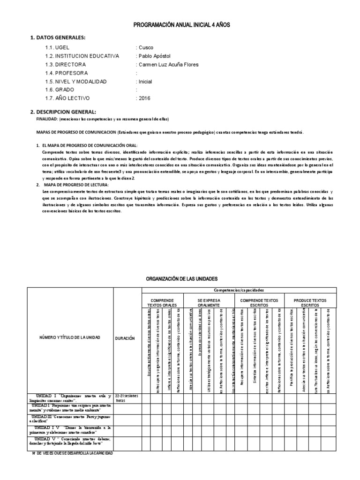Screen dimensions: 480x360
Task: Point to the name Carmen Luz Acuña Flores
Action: [168, 65]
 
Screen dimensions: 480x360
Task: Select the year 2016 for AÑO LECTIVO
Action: [144, 98]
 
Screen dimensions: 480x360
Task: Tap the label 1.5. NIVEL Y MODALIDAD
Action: [76, 82]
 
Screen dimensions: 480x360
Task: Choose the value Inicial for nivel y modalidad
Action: [145, 82]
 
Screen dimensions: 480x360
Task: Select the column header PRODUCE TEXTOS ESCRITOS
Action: [309, 302]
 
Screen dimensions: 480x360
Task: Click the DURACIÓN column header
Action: [124, 337]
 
